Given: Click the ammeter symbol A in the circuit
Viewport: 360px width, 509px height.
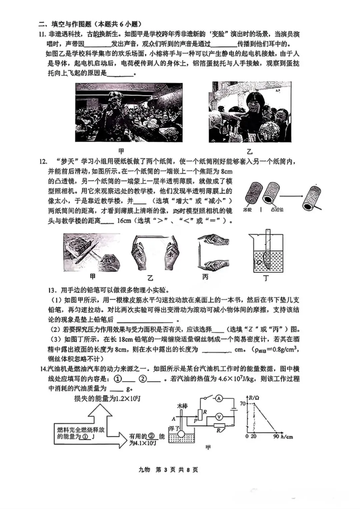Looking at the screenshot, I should [219, 398].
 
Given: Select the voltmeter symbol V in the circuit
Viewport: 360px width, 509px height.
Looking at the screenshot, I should [219, 417].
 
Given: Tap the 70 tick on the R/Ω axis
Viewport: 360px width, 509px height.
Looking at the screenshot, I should [242, 404].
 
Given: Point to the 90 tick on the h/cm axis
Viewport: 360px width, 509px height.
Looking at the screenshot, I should [276, 436].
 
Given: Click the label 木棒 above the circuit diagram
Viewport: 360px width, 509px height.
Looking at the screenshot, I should [182, 406].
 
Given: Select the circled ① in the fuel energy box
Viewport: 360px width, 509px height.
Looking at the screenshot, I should [85, 436].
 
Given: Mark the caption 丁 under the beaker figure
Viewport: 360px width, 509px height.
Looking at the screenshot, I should [266, 278].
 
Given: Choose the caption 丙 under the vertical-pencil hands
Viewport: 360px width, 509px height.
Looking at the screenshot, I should [205, 277].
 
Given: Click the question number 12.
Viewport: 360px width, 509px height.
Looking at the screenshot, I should [43, 162].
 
